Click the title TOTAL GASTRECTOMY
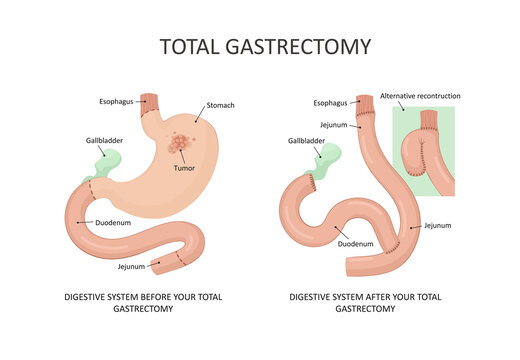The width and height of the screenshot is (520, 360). [265, 46]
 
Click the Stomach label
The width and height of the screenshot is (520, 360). [222, 105]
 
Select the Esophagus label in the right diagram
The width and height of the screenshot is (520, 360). [331, 102]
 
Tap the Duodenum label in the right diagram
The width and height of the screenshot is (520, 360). [355, 243]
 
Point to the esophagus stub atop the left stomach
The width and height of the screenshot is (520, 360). [150, 101]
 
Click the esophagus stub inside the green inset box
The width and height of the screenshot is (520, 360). [430, 121]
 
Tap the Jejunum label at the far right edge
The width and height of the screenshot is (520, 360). [438, 226]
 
